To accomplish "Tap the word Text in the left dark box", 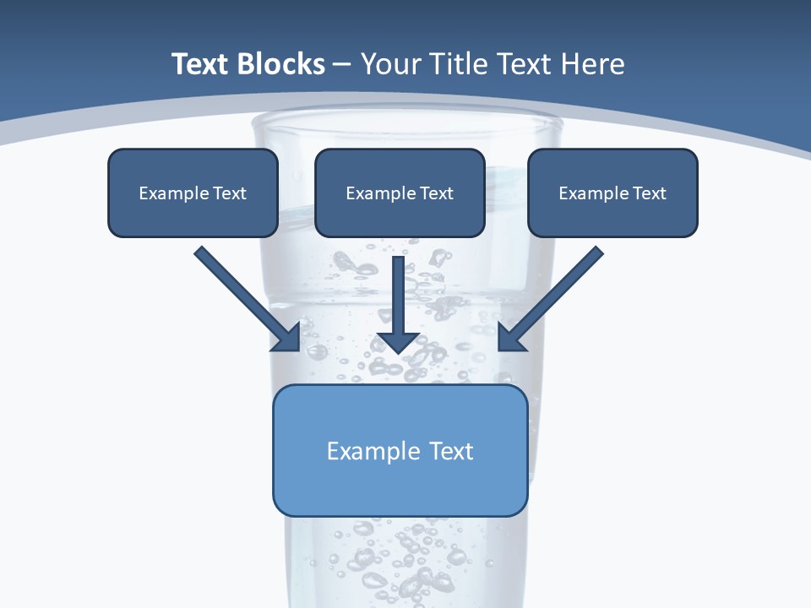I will tap(230, 193).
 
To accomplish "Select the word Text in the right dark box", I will tap(650, 193).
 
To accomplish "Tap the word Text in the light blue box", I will tap(452, 451).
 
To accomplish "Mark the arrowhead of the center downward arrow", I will tap(398, 341).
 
